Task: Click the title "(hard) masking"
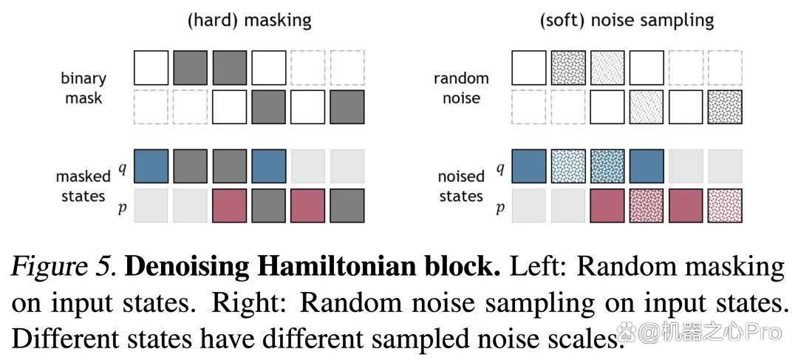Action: tap(250, 21)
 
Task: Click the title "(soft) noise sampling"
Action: tap(627, 21)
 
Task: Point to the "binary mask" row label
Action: tap(83, 88)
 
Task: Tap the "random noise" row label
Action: tap(461, 88)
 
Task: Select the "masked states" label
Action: tap(83, 186)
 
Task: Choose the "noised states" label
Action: tap(461, 186)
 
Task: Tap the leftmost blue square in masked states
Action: tap(151, 166)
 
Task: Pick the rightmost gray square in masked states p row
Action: tap(347, 206)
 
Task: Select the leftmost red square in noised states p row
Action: tap(607, 206)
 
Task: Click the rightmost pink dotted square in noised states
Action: tap(726, 206)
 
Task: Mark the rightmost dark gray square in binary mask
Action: tap(347, 107)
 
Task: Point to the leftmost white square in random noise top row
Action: tap(529, 67)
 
